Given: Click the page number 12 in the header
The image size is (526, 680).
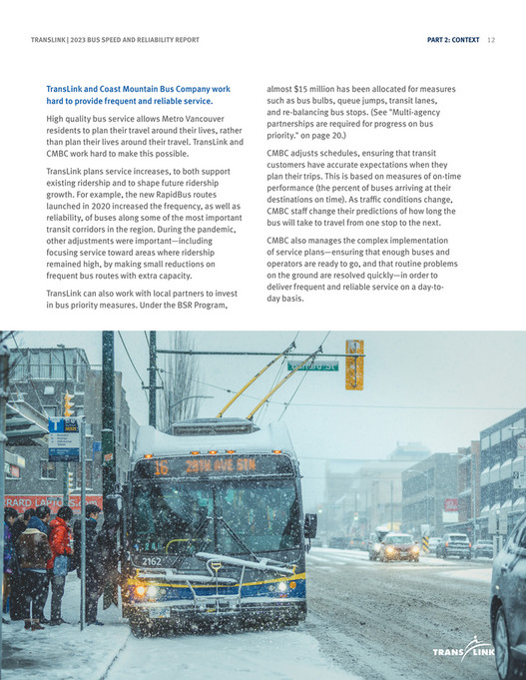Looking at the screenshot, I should (491, 40).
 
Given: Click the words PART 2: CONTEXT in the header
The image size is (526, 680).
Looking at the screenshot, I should (451, 40).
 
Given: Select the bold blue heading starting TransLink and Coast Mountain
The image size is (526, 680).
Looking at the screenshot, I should (138, 95).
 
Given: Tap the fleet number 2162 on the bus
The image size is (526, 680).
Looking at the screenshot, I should (151, 561).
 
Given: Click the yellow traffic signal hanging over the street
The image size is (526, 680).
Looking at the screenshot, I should (354, 364).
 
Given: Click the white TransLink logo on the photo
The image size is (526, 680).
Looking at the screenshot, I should (463, 652).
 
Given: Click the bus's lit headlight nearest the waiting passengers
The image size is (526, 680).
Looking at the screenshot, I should (141, 590).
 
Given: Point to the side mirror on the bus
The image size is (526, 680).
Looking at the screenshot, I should (310, 525).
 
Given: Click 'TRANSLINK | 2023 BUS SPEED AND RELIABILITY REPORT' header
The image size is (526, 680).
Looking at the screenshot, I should (115, 40).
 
